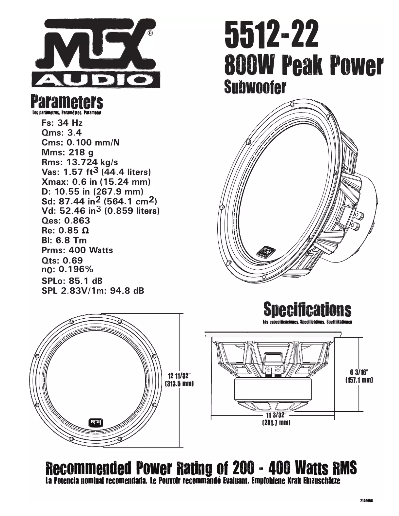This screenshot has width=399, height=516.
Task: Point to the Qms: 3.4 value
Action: pyautogui.click(x=62, y=132)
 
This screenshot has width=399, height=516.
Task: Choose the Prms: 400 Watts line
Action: pyautogui.click(x=78, y=250)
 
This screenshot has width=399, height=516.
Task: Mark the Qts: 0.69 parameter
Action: pyautogui.click(x=62, y=260)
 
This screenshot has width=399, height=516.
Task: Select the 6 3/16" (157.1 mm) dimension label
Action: pyautogui.click(x=359, y=375)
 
